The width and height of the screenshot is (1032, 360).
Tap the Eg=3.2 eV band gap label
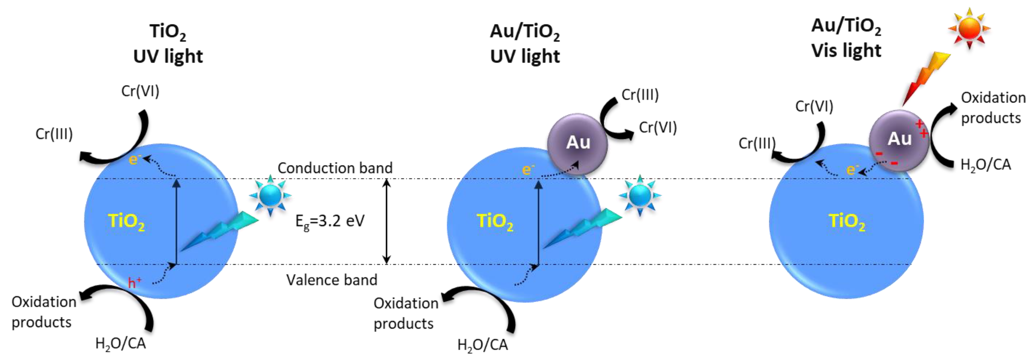[x=330, y=221]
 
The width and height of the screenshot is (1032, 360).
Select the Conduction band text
[x=335, y=168]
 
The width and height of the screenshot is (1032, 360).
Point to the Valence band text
[x=332, y=279]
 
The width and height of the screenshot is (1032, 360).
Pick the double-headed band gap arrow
[x=386, y=221]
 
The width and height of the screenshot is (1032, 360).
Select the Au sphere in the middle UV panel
[x=578, y=143]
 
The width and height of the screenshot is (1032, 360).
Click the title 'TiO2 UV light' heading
[x=168, y=44]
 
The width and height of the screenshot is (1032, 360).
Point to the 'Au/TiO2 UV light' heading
[x=525, y=44]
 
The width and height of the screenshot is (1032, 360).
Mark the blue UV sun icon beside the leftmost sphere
[x=270, y=196]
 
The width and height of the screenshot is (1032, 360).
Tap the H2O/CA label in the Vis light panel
[x=986, y=164]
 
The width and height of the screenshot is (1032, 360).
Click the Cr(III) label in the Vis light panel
[x=757, y=143]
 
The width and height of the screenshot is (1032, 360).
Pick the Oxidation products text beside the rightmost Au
[x=992, y=108]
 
